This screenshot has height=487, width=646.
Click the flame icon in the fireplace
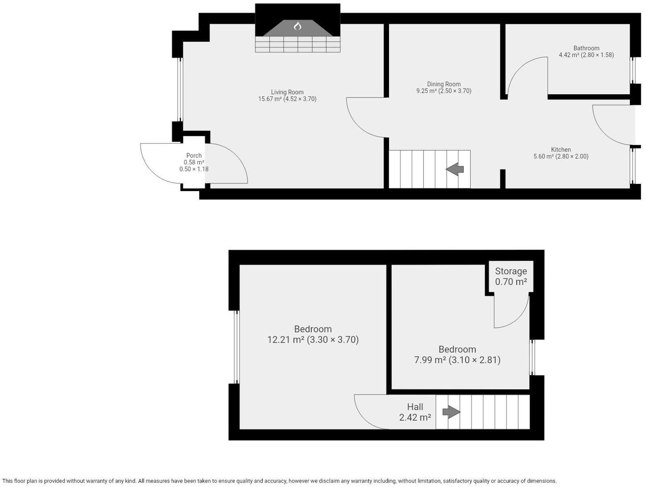point(297,26)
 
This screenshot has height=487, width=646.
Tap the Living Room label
point(287,92)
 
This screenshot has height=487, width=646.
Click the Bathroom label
point(586,48)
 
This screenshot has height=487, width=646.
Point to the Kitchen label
point(560,149)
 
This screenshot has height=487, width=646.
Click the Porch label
point(194,155)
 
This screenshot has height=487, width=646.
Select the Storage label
point(510,271)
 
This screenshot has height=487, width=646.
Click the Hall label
point(415,407)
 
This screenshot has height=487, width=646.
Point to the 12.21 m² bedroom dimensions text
point(313,340)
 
